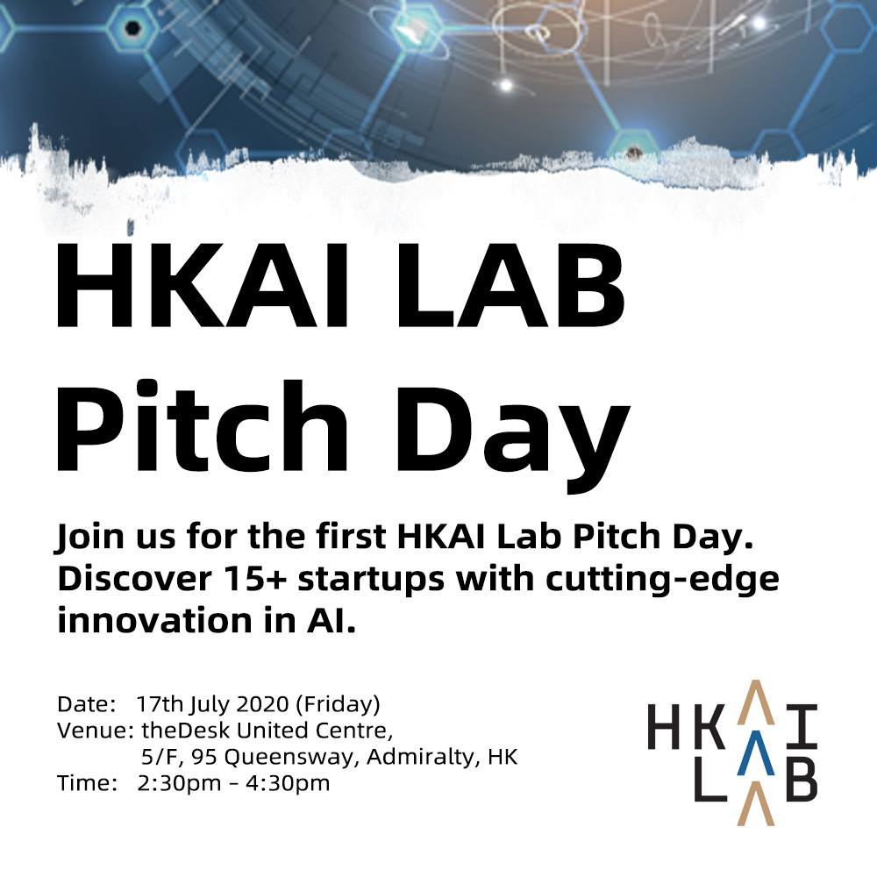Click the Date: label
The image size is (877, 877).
pyautogui.click(x=87, y=704)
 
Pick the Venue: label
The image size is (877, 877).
pyautogui.click(x=95, y=731)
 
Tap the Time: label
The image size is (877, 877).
pyautogui.click(x=87, y=782)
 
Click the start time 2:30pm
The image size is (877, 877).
pyautogui.click(x=180, y=783)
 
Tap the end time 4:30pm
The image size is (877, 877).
pyautogui.click(x=288, y=783)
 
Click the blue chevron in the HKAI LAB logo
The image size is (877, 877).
pyautogui.click(x=756, y=753)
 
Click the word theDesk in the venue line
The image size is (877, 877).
pyautogui.click(x=186, y=731)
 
